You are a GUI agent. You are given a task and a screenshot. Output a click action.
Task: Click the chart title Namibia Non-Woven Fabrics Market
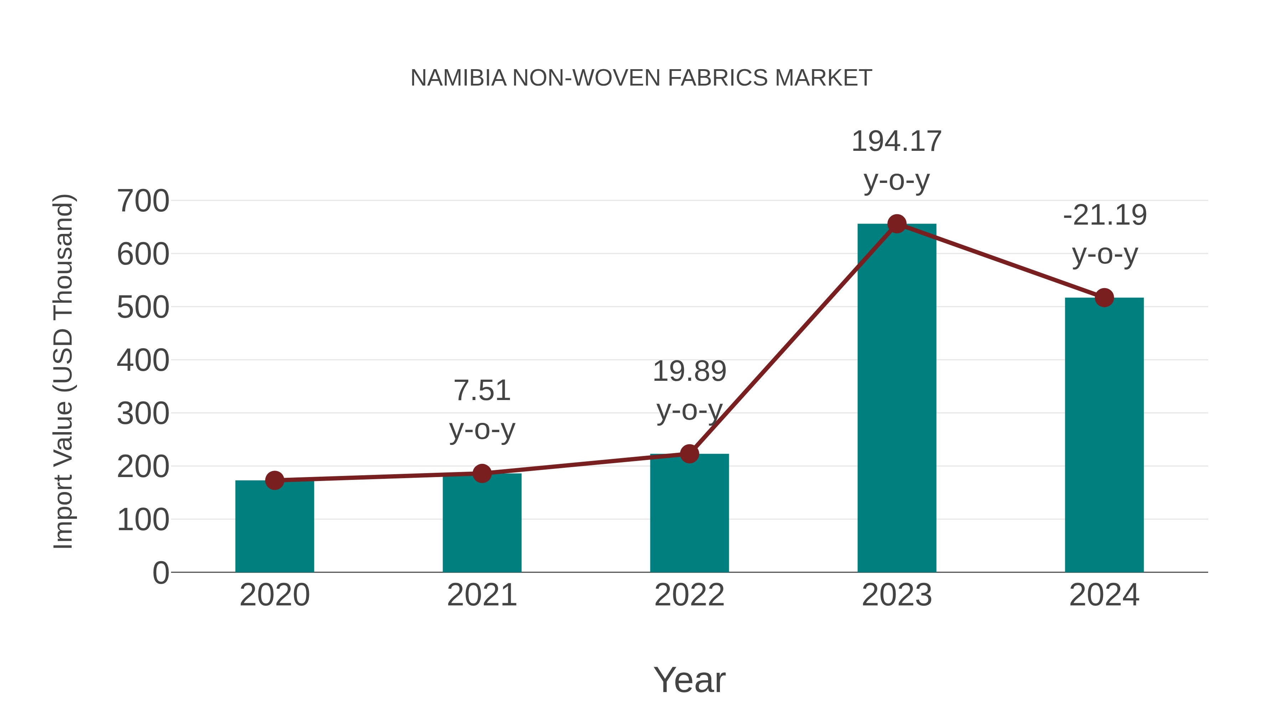point(641,78)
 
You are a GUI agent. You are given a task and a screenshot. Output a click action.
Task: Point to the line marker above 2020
point(274,480)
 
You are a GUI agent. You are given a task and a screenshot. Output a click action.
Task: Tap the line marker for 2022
point(689,454)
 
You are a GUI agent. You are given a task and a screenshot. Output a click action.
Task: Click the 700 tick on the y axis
point(143,201)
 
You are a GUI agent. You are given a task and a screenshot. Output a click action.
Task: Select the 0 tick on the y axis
point(160,573)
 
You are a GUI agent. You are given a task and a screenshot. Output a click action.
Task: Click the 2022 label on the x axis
point(689,595)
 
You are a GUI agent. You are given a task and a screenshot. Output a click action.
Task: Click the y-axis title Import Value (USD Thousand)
point(64,371)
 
